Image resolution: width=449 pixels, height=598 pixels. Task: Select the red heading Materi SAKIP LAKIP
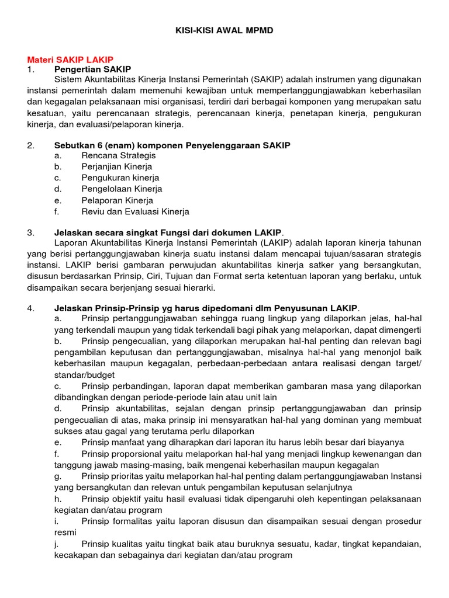pyautogui.click(x=70, y=60)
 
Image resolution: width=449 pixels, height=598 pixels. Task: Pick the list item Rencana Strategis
pyautogui.click(x=118, y=155)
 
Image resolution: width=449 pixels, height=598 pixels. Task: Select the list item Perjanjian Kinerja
pyautogui.click(x=117, y=166)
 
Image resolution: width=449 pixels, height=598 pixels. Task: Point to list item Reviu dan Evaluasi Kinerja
pyautogui.click(x=135, y=212)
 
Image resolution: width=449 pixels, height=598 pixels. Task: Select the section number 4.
pyautogui.click(x=31, y=308)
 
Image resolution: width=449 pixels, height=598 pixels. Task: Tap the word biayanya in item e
pyautogui.click(x=383, y=443)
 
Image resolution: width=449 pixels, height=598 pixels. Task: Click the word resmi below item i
pyautogui.click(x=66, y=532)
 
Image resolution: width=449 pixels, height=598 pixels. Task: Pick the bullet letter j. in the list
pyautogui.click(x=57, y=544)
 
